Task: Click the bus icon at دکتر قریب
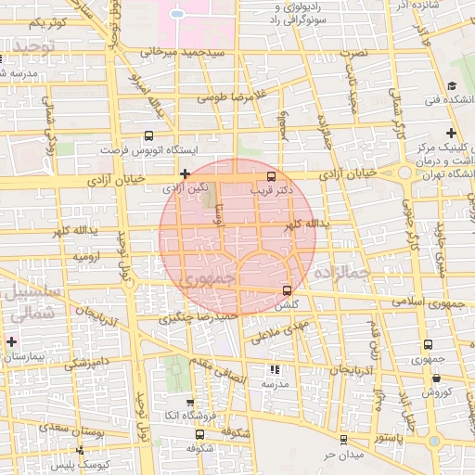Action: [271, 175]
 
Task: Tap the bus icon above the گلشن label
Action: [287, 290]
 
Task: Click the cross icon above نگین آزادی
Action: [186, 173]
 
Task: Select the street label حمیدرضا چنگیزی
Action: [199, 317]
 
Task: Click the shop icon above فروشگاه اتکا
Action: [189, 403]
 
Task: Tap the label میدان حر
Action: [340, 456]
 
